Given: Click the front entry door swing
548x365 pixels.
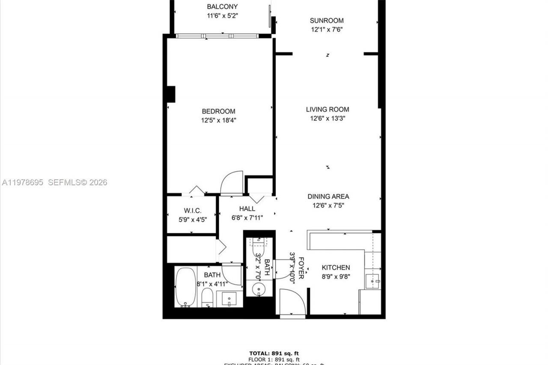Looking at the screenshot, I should point(292,302).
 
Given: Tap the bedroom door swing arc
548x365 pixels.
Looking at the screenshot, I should point(232,183).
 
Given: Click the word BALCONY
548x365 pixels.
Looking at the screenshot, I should point(222,6).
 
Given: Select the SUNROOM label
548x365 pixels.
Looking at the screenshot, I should point(327,20).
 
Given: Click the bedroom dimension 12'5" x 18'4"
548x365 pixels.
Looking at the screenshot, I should point(219,120).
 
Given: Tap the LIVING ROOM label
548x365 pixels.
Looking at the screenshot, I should point(328,109).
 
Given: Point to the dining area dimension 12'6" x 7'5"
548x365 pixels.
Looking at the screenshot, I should point(328,205).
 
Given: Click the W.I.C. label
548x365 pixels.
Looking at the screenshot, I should point(193,211).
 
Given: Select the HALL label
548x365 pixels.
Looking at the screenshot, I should point(247,208).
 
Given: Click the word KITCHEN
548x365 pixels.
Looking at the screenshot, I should point(336,267).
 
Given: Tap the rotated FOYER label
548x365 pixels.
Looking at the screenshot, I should point(301,268).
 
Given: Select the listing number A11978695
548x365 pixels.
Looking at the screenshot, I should point(22,182).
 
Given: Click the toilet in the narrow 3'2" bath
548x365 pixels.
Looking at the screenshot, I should point(259,246).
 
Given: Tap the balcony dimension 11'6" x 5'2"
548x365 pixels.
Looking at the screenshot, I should point(222,16).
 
